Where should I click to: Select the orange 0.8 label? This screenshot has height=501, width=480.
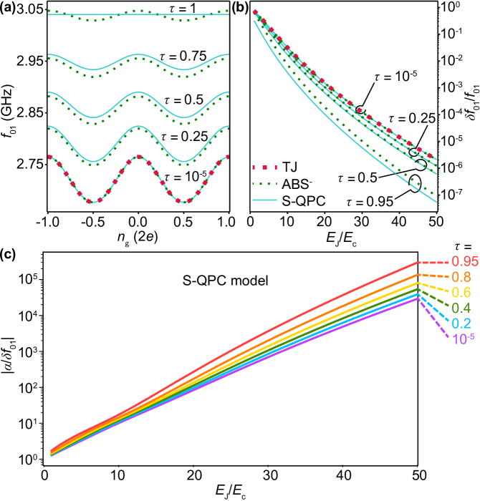click(461, 277)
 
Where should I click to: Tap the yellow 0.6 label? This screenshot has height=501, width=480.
click(461, 293)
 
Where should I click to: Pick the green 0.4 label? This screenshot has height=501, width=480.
click(461, 308)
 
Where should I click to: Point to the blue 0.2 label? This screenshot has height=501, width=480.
click(461, 324)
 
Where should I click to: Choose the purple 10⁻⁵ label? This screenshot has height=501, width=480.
click(463, 339)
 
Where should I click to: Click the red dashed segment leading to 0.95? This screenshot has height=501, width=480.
click(433, 263)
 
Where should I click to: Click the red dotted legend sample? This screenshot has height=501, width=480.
click(264, 167)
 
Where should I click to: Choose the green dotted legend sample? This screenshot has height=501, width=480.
click(264, 184)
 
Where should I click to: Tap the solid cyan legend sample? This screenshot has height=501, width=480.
click(264, 200)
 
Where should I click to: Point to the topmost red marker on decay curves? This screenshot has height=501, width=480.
click(255, 11)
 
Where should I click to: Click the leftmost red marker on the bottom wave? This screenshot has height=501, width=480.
click(49, 156)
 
